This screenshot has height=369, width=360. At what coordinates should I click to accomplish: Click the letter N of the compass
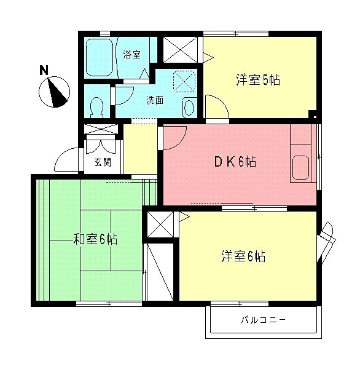coord(44,70)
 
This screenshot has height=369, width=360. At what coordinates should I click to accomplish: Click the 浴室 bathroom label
coord(131,54)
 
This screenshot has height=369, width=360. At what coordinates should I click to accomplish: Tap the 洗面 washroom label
coord(154,100)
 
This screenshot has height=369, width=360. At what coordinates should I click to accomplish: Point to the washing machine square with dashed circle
coord(183,81)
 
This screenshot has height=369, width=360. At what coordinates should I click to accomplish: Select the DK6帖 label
coord(235,162)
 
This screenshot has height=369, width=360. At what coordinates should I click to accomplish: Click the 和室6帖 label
coord(95,239)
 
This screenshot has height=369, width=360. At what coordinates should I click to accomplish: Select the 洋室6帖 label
coord(243,257)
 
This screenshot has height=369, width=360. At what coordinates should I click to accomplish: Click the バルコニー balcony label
coord(263,320)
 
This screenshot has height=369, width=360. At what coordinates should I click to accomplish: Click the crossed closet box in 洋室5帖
coord(181,50)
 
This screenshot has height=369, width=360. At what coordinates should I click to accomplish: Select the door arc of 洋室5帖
coord(217,105)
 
